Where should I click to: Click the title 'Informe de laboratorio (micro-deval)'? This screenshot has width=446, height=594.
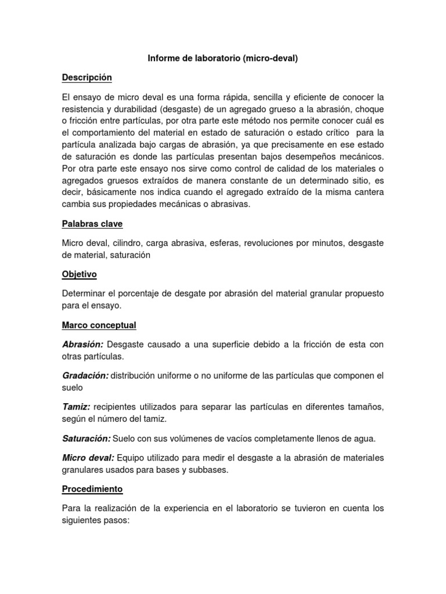click(223, 59)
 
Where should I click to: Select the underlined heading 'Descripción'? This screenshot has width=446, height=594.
click(87, 77)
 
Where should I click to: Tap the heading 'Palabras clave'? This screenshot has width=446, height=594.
click(92, 223)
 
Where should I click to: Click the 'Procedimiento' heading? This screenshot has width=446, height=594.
click(92, 489)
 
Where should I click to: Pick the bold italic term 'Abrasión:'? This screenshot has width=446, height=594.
click(82, 345)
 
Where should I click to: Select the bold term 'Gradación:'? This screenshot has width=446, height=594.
click(85, 375)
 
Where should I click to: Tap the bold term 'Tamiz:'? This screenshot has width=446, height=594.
click(75, 407)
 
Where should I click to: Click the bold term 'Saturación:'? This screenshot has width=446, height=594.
click(86, 438)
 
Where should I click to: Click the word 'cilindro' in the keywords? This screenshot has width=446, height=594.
click(125, 243)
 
